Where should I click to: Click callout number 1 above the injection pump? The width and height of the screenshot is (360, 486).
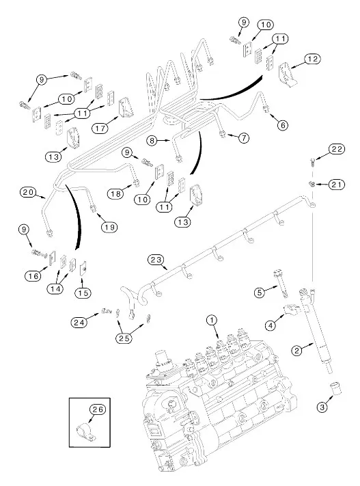tap(212, 320)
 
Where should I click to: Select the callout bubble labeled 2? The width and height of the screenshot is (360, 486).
tap(296, 350)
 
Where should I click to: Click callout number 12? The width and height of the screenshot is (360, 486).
tap(311, 59)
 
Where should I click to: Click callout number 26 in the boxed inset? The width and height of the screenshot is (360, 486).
tap(98, 409)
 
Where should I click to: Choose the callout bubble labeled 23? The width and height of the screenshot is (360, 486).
tap(156, 259)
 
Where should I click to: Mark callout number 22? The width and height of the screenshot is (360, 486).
tap(336, 149)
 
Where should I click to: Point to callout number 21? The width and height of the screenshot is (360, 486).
tap(336, 185)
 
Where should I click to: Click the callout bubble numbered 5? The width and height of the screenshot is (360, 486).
tap(260, 292)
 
